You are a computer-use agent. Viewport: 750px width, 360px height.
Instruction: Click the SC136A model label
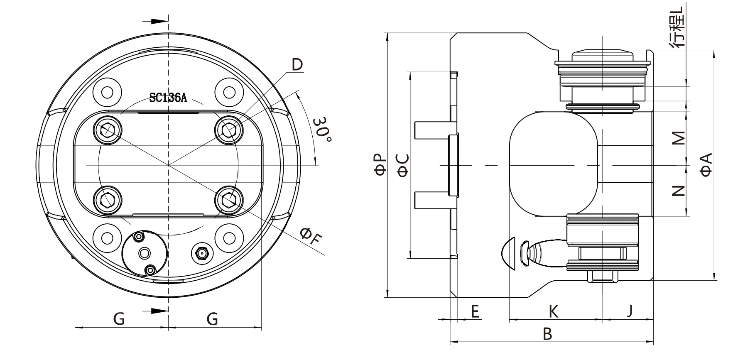(168, 98)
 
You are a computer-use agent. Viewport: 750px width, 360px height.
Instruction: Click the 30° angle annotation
(322, 130)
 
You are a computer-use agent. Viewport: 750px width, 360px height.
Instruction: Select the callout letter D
(297, 64)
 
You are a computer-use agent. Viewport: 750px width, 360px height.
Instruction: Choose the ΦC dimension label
(403, 165)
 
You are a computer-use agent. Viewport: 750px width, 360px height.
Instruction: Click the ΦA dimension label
(706, 165)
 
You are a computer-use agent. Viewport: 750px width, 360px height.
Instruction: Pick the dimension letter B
(548, 333)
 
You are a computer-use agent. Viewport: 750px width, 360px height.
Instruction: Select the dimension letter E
(475, 311)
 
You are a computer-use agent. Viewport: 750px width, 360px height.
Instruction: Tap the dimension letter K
(554, 311)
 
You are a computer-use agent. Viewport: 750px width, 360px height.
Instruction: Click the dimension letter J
(630, 311)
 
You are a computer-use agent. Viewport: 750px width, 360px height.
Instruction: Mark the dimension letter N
(679, 191)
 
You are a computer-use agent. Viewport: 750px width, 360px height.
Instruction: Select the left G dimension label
(119, 319)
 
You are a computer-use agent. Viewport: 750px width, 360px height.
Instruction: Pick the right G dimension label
(212, 319)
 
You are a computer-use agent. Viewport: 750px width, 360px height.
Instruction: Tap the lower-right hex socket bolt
(228, 201)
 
